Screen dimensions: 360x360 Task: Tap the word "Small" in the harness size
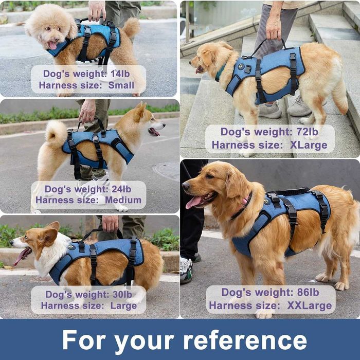(121, 85)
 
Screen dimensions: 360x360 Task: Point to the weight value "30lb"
(123, 294)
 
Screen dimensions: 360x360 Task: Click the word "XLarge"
(308, 145)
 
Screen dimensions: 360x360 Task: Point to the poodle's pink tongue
(52, 45)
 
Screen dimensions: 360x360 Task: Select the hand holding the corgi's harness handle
(110, 223)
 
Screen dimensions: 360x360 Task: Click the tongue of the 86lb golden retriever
(193, 203)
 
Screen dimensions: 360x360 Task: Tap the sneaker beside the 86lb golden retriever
(186, 269)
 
